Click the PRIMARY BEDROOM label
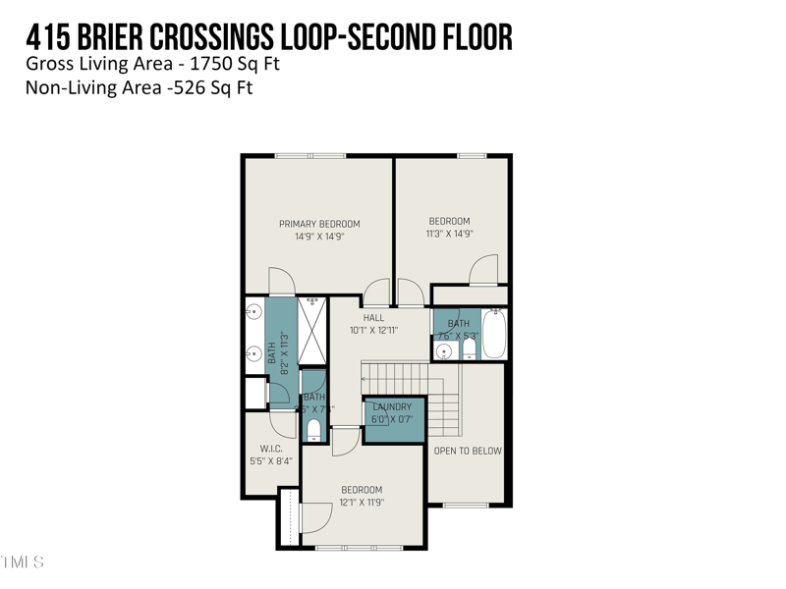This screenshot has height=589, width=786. coord(319,223)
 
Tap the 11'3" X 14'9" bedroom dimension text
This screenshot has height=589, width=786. coord(449,234)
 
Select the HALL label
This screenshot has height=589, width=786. coord(373,317)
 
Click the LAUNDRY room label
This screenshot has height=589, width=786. coord(393,405)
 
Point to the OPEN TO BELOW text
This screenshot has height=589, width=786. coord(468,451)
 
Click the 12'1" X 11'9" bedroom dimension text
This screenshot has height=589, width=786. coord(362,502)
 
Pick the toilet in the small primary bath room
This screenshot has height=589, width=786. coord(313,430)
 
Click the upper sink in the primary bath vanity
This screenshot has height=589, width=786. coord(251,313)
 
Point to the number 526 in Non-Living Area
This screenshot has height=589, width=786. coord(158,86)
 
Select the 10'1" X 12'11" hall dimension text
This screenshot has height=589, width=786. coord(373,330)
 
